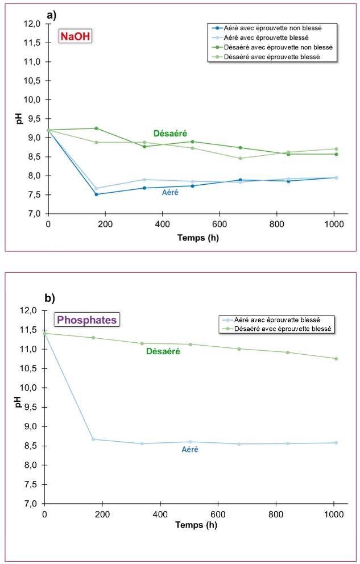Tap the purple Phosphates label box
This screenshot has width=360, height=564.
87,320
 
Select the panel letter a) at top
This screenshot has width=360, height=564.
52,15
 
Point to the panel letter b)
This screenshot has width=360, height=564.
50,297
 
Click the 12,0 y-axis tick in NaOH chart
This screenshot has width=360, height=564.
32,24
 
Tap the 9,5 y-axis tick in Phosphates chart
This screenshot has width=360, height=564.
30,407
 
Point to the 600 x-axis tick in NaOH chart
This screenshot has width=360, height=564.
220,223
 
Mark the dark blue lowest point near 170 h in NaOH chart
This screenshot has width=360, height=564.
96,194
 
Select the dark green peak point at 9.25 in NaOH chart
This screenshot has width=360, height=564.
96,128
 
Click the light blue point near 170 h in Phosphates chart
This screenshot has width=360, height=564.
93,439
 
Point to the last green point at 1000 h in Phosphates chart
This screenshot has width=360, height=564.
336,359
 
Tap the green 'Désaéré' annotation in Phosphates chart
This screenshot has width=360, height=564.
163,351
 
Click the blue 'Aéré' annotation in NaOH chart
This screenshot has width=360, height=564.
169,193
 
